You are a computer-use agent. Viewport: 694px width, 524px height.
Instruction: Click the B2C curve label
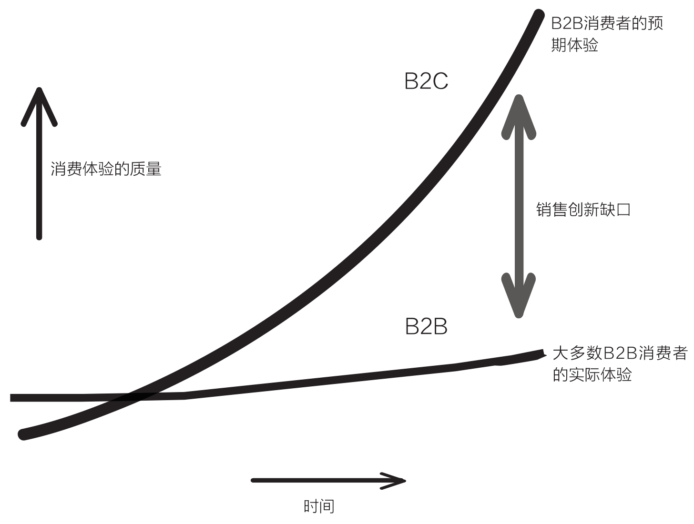[x=426, y=81]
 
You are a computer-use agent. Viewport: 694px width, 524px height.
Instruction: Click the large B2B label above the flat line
[x=426, y=327]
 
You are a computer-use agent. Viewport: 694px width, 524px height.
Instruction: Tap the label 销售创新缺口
[x=583, y=210]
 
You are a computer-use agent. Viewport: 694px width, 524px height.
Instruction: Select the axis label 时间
[x=319, y=506]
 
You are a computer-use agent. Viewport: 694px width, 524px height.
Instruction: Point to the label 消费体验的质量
[x=106, y=169]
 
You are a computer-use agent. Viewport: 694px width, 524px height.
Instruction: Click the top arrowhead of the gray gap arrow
[x=519, y=114]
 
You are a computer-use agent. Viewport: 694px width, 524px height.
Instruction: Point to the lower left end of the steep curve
[x=23, y=434]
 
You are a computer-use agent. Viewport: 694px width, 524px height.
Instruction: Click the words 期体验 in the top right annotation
[x=574, y=45]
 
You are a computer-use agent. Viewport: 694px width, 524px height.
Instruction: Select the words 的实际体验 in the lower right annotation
[x=592, y=374]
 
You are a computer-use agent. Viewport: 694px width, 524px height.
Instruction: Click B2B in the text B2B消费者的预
[x=567, y=23]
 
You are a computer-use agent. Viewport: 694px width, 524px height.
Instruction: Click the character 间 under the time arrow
[x=327, y=506]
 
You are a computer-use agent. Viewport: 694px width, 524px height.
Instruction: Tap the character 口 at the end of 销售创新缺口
[x=623, y=210]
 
